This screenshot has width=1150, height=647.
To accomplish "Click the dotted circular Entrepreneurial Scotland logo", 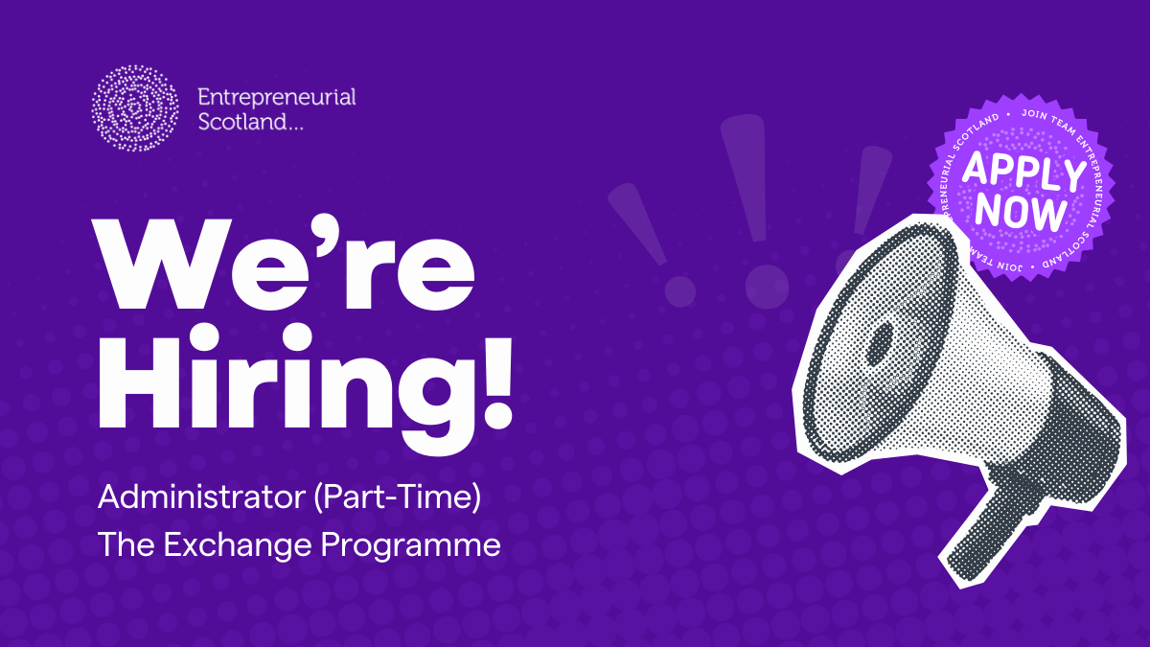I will [x=135, y=108].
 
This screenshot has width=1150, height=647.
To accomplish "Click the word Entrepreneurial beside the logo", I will [x=276, y=97].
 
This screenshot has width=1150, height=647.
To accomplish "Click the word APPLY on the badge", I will [x=1023, y=173].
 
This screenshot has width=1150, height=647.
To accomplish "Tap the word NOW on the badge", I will [x=1026, y=212].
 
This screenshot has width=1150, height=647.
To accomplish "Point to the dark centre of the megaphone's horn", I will [x=879, y=340].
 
